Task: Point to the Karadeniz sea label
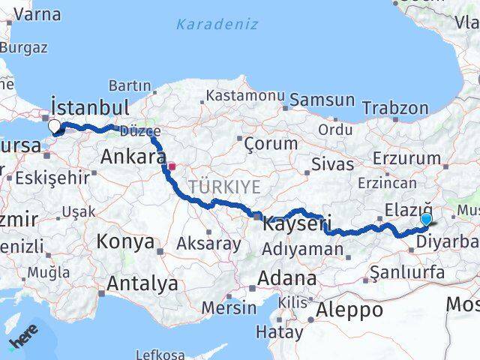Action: pyautogui.click(x=217, y=24)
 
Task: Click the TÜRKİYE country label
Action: pyautogui.click(x=224, y=186)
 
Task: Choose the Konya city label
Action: pyautogui.click(x=125, y=242)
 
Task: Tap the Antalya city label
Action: pyautogui.click(x=142, y=283)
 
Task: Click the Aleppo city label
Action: pyautogui.click(x=349, y=309)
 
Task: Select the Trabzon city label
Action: pyautogui.click(x=395, y=108)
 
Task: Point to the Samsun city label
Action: pyautogui.click(x=322, y=99)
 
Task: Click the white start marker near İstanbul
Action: pyautogui.click(x=55, y=126)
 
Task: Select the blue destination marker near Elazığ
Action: pyautogui.click(x=427, y=219)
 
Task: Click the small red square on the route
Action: pyautogui.click(x=172, y=166)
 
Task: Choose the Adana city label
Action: pyautogui.click(x=286, y=278)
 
